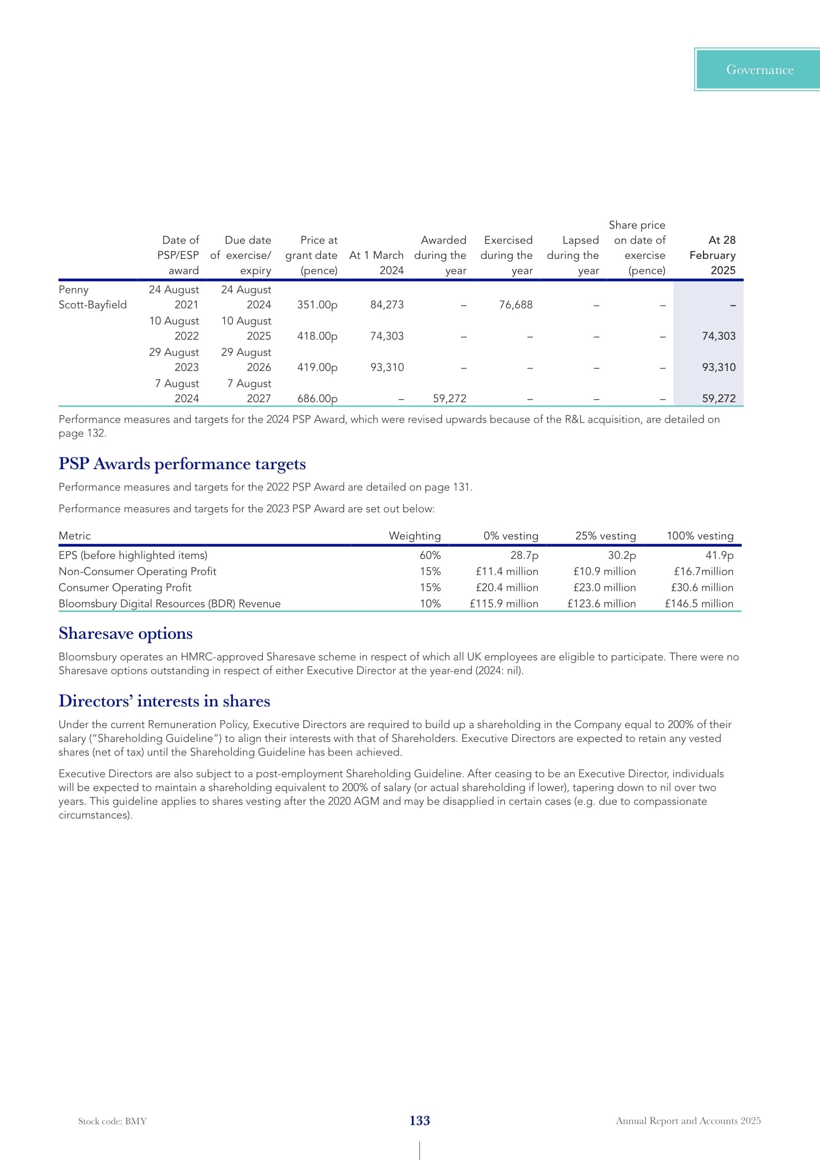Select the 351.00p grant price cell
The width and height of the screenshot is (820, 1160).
click(x=317, y=305)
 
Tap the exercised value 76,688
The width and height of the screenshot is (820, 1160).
click(x=516, y=305)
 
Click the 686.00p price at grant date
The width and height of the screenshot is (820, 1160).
click(x=317, y=399)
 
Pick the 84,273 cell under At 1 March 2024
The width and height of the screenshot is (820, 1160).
click(x=387, y=305)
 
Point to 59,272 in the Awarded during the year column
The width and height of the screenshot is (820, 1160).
click(x=449, y=399)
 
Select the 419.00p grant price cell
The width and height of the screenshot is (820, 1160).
click(x=317, y=367)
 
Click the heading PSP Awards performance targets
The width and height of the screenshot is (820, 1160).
click(x=182, y=464)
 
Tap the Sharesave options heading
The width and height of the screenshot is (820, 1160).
click(x=126, y=633)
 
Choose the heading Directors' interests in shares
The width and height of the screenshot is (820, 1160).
click(x=165, y=701)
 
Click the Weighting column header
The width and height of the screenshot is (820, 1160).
click(x=414, y=536)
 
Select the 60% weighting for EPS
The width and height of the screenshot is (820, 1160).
click(x=430, y=555)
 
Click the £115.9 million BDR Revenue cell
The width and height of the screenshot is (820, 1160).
click(x=504, y=604)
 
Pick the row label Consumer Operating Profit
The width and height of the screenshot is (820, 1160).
click(x=125, y=588)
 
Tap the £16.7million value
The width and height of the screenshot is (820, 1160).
click(x=703, y=571)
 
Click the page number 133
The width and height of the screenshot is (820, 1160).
click(x=419, y=1121)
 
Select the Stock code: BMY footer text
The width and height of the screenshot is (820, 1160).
click(x=113, y=1121)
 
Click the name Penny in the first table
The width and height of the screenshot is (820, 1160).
click(x=74, y=290)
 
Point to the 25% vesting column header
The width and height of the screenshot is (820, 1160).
click(x=605, y=536)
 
